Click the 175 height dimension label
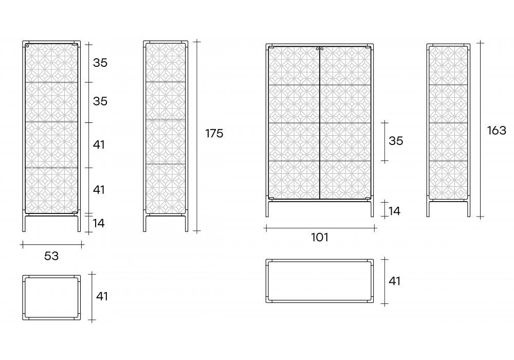click(x=214, y=133)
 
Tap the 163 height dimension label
click(x=497, y=131)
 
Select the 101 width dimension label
click(x=320, y=237)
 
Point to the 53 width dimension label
click(x=51, y=256)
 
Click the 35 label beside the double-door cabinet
click(x=396, y=141)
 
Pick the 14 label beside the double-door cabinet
click(x=394, y=211)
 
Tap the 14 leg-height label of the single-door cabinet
click(x=98, y=223)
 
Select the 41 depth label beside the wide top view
click(x=394, y=281)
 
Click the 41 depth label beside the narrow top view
click(x=102, y=296)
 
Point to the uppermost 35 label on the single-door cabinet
click(x=100, y=63)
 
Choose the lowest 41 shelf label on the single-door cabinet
click(x=99, y=189)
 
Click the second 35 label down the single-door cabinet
click(x=100, y=101)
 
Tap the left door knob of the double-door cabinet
click(x=317, y=49)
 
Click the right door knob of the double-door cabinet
click(x=322, y=49)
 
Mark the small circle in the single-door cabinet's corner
click(x=28, y=46)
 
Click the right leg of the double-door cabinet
click(x=372, y=209)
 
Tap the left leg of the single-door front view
click(x=24, y=223)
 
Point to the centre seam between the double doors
click(x=320, y=123)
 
